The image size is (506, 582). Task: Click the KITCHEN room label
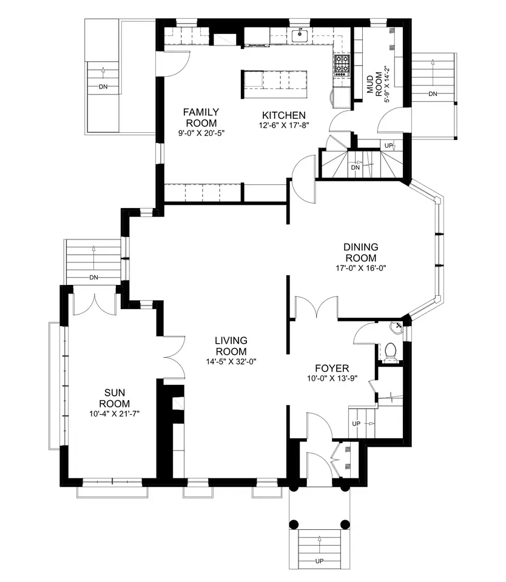pyautogui.click(x=284, y=115)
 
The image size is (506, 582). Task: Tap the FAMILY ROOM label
pyautogui.click(x=201, y=118)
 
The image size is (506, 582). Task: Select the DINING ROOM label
pyautogui.click(x=361, y=252)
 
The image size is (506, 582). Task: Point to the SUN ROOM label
pyautogui.click(x=115, y=398)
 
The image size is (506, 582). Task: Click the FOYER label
pyautogui.click(x=332, y=369)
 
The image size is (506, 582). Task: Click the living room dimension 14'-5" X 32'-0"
pyautogui.click(x=231, y=361)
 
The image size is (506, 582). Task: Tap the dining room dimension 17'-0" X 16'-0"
pyautogui.click(x=361, y=268)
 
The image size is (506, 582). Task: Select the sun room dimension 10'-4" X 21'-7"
pyautogui.click(x=115, y=413)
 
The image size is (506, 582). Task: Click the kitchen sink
pyautogui.click(x=300, y=36)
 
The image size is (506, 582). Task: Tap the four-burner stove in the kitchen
pyautogui.click(x=342, y=65)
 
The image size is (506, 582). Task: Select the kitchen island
pyautogui.click(x=275, y=84)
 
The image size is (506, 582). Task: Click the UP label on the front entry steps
pyautogui.click(x=320, y=561)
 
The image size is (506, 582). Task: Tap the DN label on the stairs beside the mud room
pyautogui.click(x=433, y=94)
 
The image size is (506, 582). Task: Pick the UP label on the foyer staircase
pyautogui.click(x=356, y=424)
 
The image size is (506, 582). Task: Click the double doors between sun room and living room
pyautogui.click(x=174, y=358)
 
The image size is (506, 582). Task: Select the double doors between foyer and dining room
pyautogui.click(x=317, y=307)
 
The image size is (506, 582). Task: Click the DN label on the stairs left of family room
pyautogui.click(x=103, y=87)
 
